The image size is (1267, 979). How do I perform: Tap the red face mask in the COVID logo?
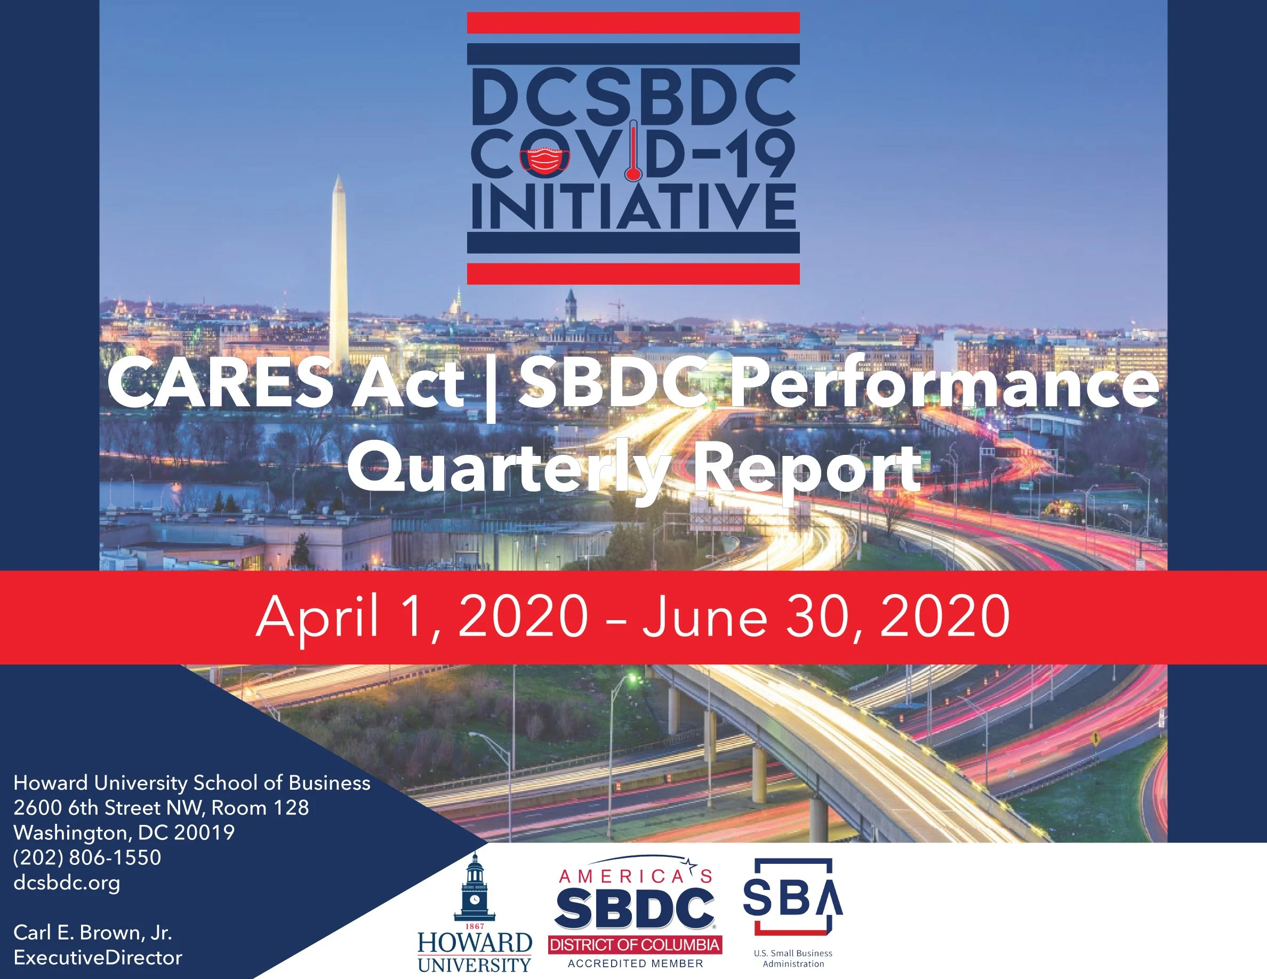(546, 161)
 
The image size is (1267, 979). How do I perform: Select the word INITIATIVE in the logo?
(633, 206)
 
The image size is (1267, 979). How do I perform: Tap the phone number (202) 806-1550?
(87, 858)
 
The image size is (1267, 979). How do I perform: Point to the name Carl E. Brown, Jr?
(93, 933)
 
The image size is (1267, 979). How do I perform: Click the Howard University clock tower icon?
(475, 887)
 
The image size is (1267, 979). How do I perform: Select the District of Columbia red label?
(635, 945)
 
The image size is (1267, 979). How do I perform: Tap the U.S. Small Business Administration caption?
(793, 958)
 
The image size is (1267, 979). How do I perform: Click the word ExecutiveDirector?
(98, 958)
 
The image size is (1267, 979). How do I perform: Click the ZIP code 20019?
(204, 833)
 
